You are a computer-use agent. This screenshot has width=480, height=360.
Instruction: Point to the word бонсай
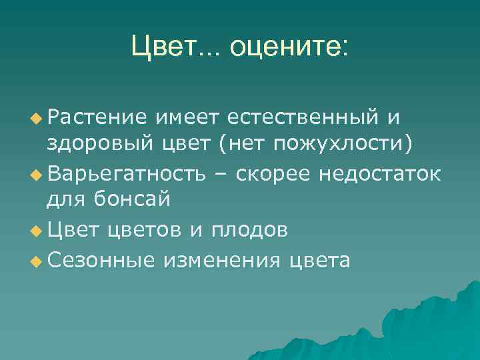pos(131,199)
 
